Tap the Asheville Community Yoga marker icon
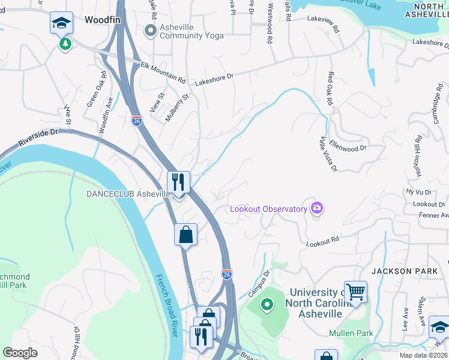(149, 29)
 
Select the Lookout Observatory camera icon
(316, 208)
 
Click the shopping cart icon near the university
(355, 292)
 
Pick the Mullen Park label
(351, 333)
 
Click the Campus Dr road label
(259, 284)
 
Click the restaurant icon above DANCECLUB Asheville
(178, 181)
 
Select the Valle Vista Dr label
(327, 153)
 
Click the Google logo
(20, 352)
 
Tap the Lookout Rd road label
(322, 242)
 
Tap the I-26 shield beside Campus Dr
(226, 274)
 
